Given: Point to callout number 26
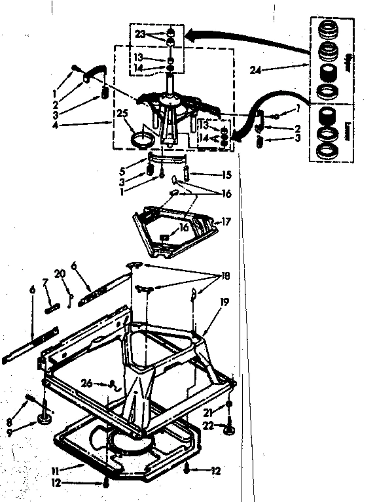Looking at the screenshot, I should [x=86, y=383].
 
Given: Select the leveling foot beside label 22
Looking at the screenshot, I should [x=228, y=429].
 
